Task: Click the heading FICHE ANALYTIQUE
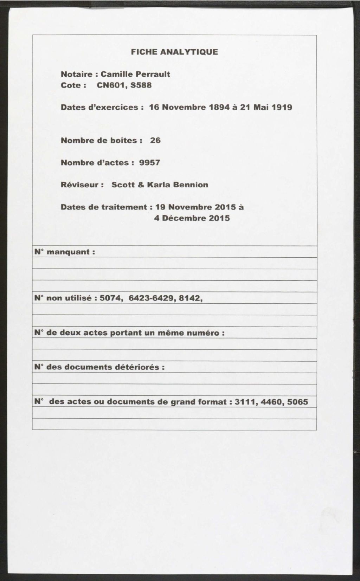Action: [174, 52]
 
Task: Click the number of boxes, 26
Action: [155, 140]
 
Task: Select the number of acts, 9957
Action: [150, 162]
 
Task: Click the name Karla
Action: [160, 185]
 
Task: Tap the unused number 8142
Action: [191, 298]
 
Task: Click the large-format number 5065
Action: [297, 402]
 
